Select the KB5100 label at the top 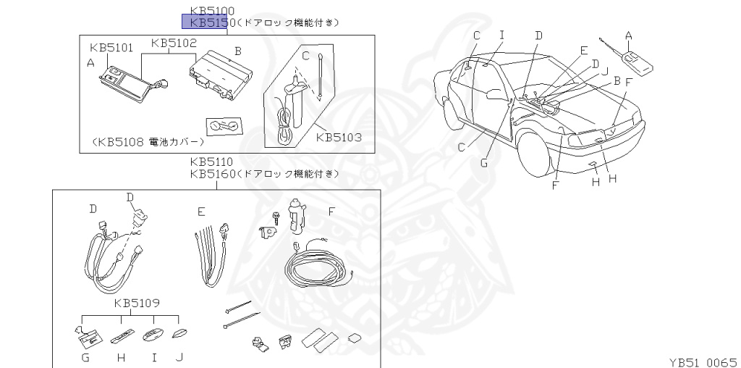tap(212, 12)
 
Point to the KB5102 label tap(174, 43)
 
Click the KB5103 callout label tap(338, 136)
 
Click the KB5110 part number tap(212, 162)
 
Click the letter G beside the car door tap(483, 163)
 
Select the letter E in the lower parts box tap(201, 212)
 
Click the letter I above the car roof tap(501, 35)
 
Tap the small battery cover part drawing tap(224, 127)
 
